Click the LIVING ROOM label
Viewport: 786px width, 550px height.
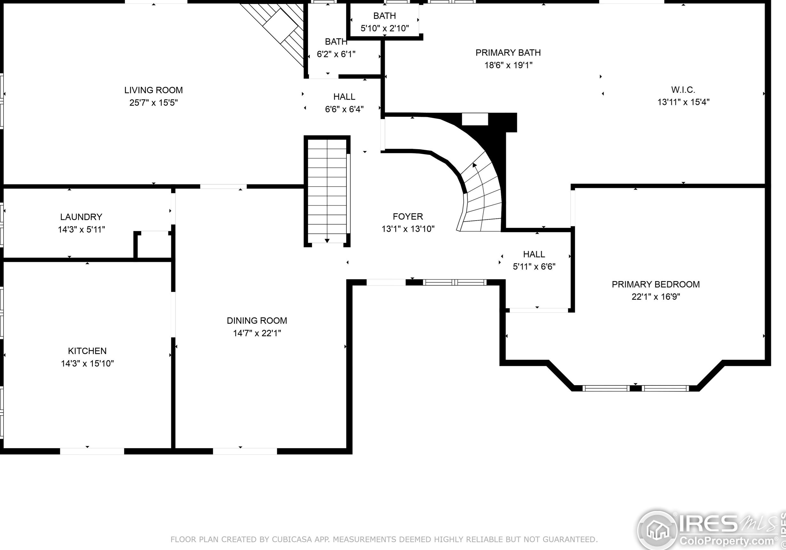(153, 90)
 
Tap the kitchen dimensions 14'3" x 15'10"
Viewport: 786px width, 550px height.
(87, 363)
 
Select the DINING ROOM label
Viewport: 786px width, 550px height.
(257, 321)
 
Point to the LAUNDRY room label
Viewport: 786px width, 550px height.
(81, 217)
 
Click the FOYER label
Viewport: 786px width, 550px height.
(408, 216)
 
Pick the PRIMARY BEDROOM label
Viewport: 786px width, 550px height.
(656, 284)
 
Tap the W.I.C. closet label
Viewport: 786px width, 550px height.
(683, 90)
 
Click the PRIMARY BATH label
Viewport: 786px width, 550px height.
(508, 53)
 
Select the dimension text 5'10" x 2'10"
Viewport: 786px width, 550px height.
(385, 28)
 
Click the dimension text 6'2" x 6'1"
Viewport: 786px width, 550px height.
(336, 54)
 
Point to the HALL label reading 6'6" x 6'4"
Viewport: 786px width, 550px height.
(344, 97)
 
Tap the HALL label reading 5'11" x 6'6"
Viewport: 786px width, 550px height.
(534, 254)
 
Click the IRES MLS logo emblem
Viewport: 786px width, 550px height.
(657, 530)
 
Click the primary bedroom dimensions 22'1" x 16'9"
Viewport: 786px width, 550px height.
(656, 296)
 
